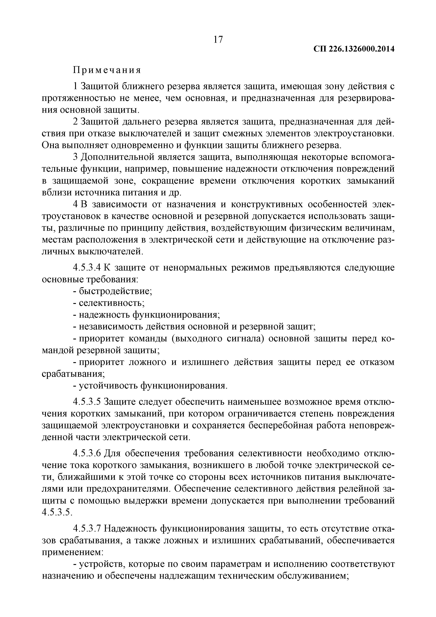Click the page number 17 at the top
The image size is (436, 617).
pos(218,40)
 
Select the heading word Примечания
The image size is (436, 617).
pos(107,70)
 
